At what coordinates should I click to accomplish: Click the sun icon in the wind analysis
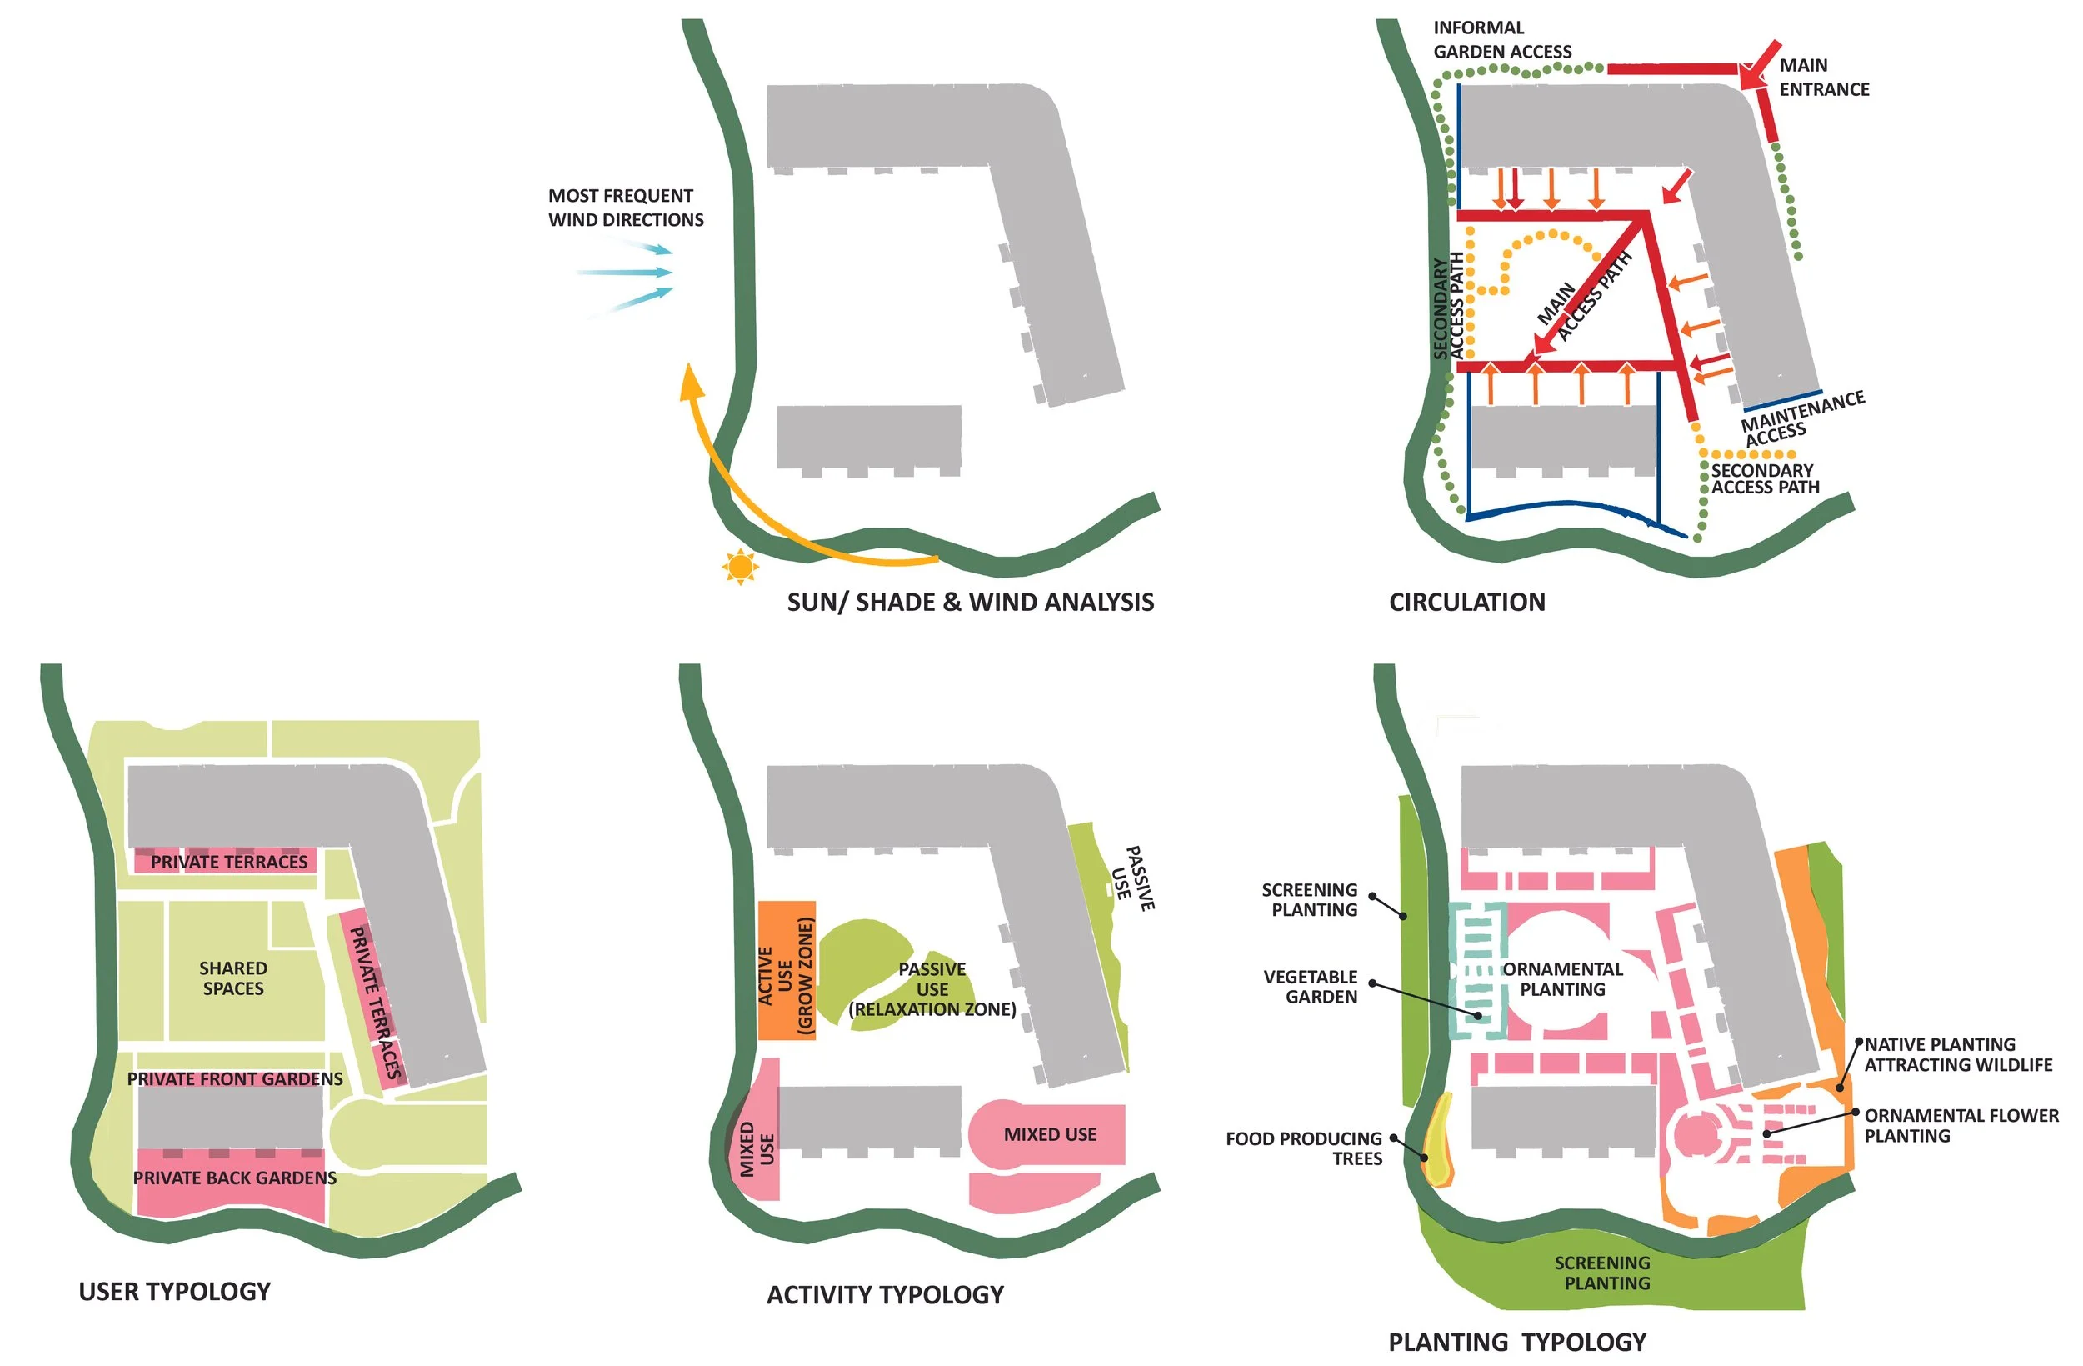tap(741, 567)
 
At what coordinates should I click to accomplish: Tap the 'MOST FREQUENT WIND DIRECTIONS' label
tap(625, 208)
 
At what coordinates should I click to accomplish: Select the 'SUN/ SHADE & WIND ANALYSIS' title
tap(970, 603)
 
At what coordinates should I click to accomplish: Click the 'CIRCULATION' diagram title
tap(1467, 603)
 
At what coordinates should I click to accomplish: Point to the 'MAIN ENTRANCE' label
tap(1823, 77)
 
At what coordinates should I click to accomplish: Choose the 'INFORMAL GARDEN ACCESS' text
tap(1502, 39)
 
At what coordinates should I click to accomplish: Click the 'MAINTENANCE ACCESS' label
tap(1801, 418)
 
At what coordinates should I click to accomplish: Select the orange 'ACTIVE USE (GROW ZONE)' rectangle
tap(786, 970)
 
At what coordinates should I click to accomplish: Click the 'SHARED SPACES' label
tap(232, 978)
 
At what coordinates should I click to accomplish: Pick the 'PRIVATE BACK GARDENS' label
tap(235, 1178)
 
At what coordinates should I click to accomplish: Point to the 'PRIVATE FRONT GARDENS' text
tap(235, 1078)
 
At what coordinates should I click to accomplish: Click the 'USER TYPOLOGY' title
tap(175, 1292)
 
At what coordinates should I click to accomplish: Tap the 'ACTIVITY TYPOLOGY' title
tap(885, 1295)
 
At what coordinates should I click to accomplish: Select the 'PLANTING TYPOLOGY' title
tap(1516, 1342)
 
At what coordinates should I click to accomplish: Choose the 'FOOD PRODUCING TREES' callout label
tap(1303, 1148)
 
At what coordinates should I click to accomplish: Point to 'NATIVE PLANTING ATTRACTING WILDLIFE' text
tap(1957, 1054)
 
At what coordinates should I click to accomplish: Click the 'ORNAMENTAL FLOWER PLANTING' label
tap(1961, 1125)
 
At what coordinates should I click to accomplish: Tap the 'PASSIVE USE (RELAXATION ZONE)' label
tap(932, 988)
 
